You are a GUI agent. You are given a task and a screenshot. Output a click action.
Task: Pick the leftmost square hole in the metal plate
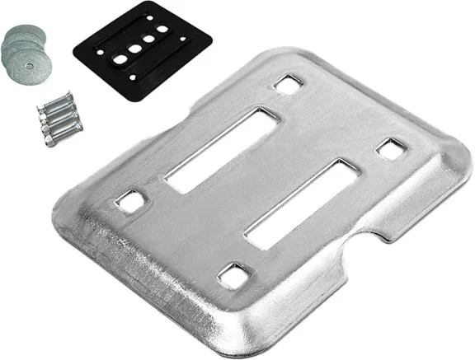(x=129, y=199)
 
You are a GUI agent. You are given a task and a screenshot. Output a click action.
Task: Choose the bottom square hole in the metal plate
(x=235, y=274)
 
